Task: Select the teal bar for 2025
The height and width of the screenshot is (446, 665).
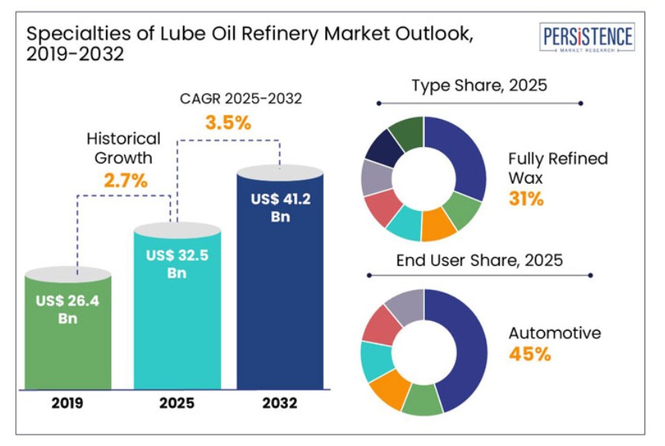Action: [177, 320]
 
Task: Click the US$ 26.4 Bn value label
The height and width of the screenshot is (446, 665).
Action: [68, 309]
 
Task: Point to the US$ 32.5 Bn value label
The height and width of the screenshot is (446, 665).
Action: [177, 263]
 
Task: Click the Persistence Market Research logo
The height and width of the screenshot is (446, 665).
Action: [587, 37]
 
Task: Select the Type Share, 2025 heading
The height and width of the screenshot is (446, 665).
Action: [479, 85]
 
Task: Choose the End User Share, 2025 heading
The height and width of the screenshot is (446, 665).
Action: [479, 260]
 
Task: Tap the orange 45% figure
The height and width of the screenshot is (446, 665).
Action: [530, 355]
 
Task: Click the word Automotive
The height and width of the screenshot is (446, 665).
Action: [555, 333]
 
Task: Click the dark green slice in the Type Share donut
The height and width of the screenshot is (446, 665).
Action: [408, 132]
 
